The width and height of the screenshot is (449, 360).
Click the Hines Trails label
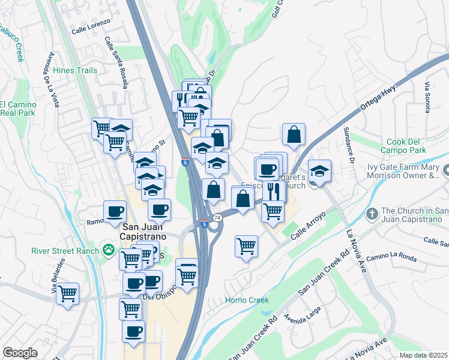tap(75, 70)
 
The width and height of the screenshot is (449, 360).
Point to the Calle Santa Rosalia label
tap(116, 62)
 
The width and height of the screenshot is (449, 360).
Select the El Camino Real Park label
tap(17, 108)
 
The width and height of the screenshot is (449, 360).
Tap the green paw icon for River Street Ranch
tap(109, 250)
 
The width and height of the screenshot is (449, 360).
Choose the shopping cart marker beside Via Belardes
tap(67, 294)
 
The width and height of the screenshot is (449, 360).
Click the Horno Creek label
tap(247, 300)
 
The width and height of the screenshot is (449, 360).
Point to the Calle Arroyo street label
tap(308, 226)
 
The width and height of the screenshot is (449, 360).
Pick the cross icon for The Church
tap(372, 214)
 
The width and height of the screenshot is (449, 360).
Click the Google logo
tap(20, 353)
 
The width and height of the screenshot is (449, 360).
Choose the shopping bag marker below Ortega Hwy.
tap(294, 135)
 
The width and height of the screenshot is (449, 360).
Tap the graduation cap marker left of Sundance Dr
tap(320, 171)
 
